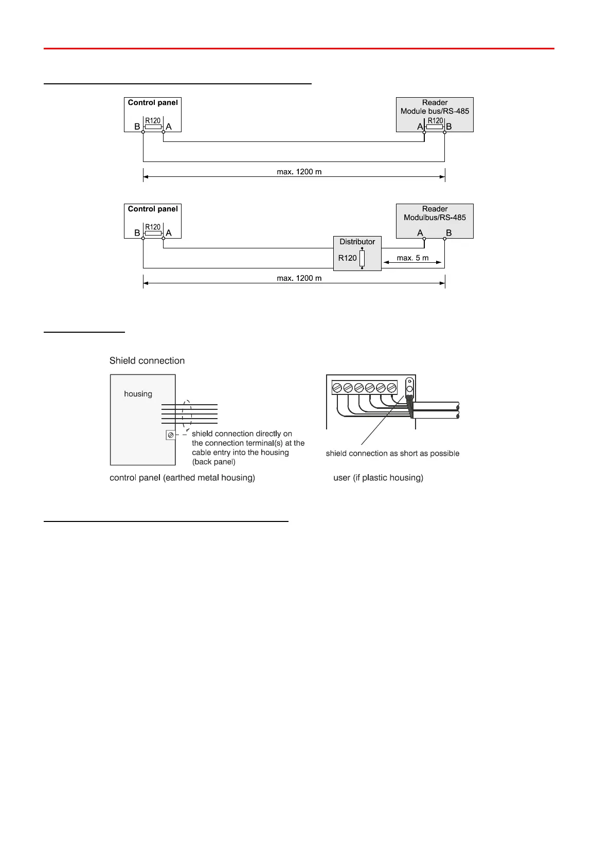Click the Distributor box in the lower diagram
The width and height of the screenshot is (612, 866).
click(357, 252)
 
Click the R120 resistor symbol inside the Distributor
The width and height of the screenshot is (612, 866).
click(362, 258)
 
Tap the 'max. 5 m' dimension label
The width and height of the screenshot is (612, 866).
click(412, 258)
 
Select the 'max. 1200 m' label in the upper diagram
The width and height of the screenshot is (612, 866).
click(299, 172)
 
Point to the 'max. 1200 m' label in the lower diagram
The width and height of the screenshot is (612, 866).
click(299, 278)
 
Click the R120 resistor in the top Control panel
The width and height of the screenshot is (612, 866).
click(153, 127)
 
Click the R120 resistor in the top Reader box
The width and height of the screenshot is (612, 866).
click(435, 127)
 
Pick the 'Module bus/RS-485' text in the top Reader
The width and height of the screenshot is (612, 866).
click(435, 111)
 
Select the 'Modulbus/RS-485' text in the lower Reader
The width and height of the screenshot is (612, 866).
click(435, 218)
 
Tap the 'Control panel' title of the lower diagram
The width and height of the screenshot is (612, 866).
click(153, 209)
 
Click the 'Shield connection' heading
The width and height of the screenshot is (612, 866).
click(147, 360)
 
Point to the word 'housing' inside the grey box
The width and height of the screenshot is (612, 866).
click(138, 394)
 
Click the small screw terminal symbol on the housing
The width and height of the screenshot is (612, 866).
click(171, 435)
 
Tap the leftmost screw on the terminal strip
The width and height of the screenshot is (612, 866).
click(337, 388)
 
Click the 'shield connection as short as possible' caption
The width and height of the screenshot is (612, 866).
click(392, 454)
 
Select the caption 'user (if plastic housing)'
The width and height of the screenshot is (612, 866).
click(379, 478)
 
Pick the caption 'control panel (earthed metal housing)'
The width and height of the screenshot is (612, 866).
click(182, 478)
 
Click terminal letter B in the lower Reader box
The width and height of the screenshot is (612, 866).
click(449, 233)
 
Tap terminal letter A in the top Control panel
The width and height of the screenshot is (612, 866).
click(169, 127)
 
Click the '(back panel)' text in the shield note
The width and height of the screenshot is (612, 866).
click(214, 462)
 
